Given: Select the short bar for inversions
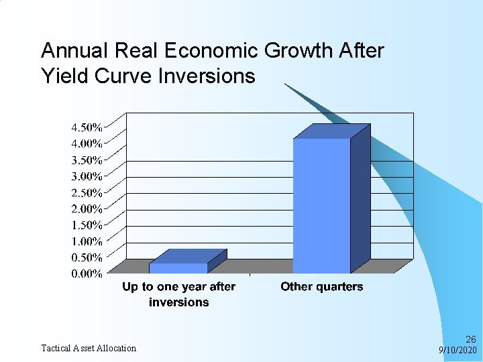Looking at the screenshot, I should (x=178, y=267).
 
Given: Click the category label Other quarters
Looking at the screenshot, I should (x=321, y=287).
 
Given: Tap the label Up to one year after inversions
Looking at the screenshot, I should (x=178, y=294).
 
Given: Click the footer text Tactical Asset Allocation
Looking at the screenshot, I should (x=89, y=348).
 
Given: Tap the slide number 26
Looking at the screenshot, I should (x=470, y=339).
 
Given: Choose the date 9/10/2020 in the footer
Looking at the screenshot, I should (x=457, y=350).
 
